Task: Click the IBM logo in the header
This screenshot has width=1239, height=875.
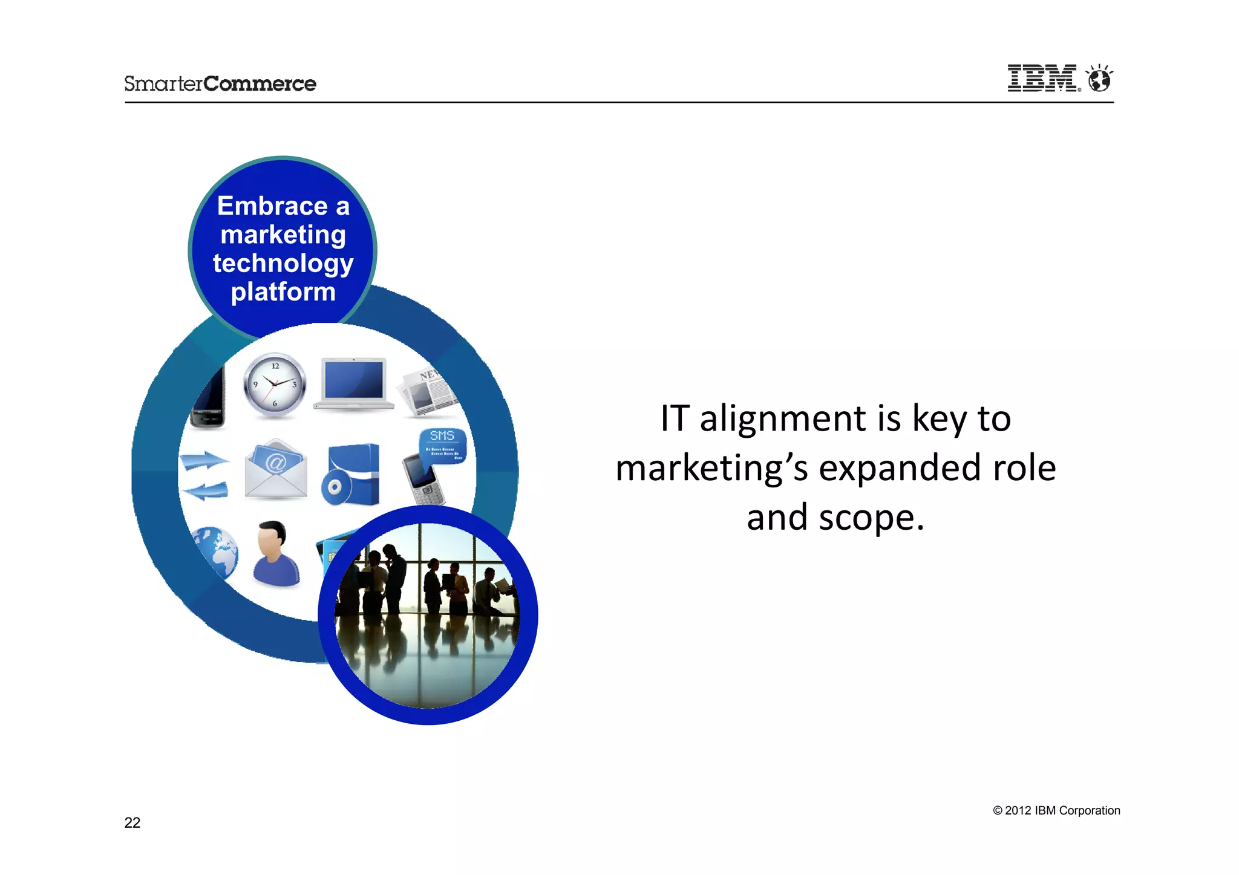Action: coord(1042,79)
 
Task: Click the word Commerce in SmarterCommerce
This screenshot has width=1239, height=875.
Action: coord(260,83)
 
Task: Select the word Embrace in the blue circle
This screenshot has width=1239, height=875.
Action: coord(272,206)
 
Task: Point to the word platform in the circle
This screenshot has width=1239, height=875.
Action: coord(283,292)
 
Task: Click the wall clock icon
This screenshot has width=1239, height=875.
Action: coord(275,385)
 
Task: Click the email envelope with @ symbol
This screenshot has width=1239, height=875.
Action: coord(276,469)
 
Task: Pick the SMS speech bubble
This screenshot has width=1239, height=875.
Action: coord(443,445)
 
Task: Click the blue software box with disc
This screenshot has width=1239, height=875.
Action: coord(353,475)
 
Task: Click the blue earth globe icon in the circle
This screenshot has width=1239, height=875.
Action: coord(214,551)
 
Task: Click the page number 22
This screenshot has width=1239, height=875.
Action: coord(132,822)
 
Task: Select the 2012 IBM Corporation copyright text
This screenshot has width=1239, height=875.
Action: coord(1056,810)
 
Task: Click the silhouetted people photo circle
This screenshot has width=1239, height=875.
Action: coord(428,616)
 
